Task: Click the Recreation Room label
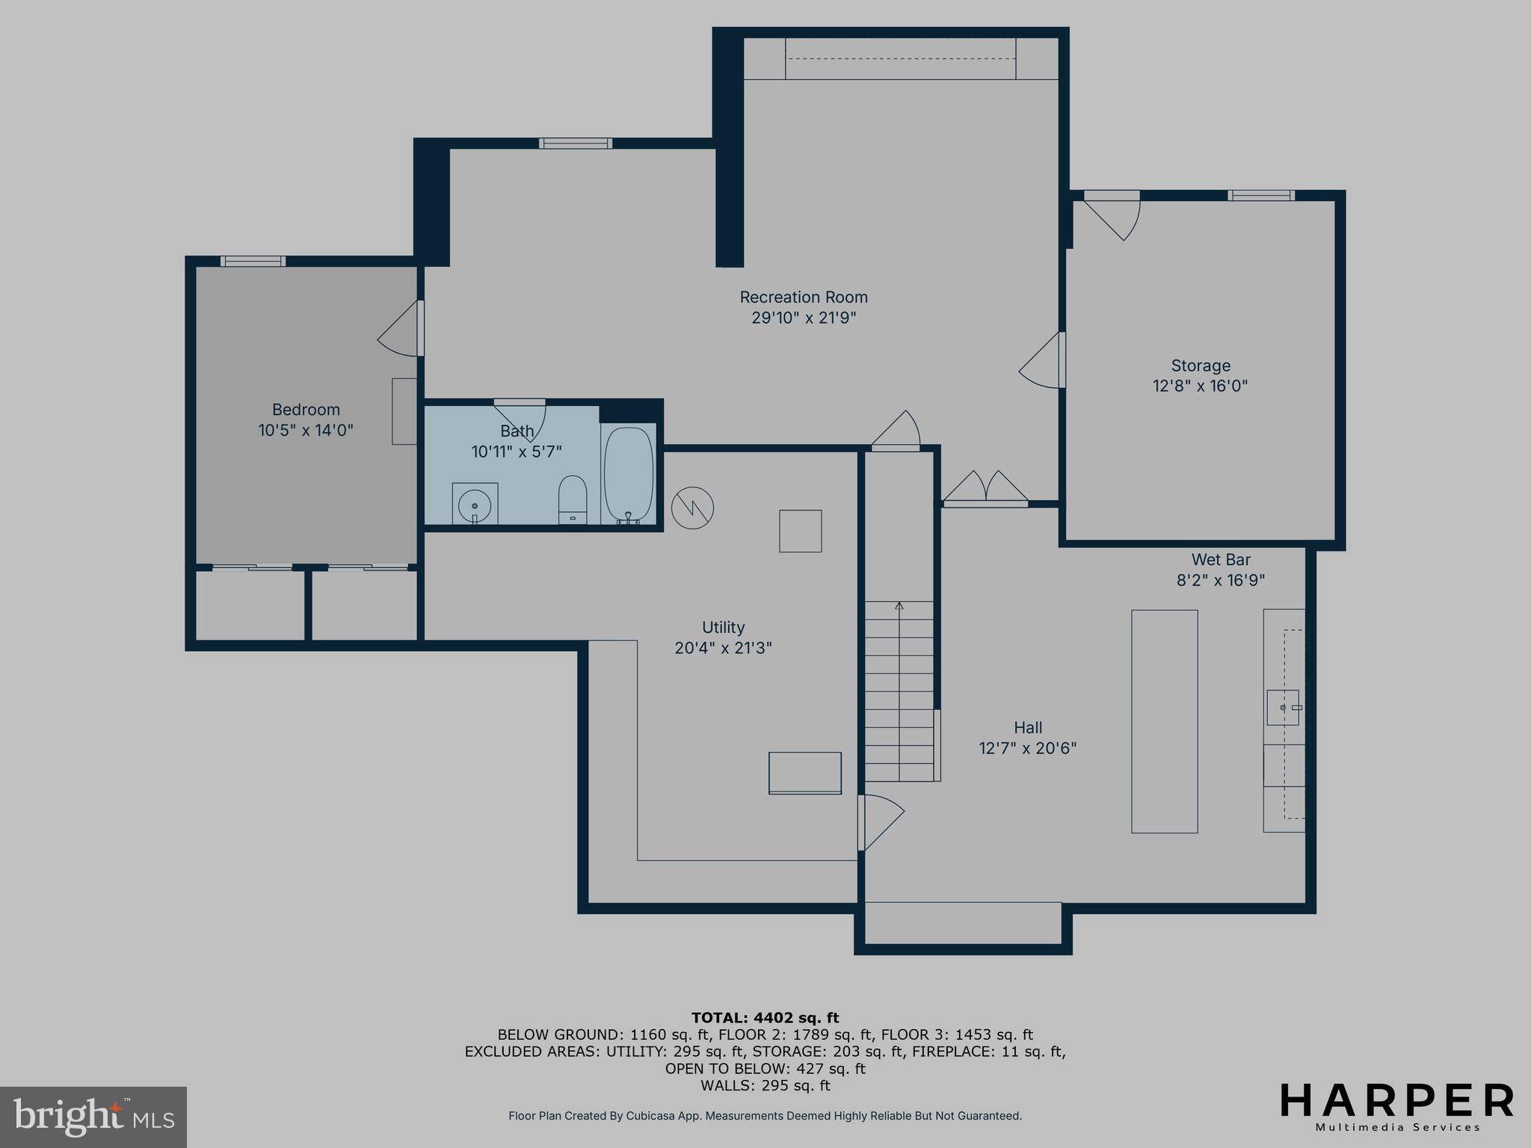pyautogui.click(x=804, y=297)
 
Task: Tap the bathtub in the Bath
pyautogui.click(x=628, y=474)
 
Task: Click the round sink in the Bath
pyautogui.click(x=475, y=505)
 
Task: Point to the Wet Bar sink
pyautogui.click(x=1283, y=707)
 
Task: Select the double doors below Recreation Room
pyautogui.click(x=985, y=488)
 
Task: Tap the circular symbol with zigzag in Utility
pyautogui.click(x=692, y=509)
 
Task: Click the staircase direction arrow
pyautogui.click(x=899, y=607)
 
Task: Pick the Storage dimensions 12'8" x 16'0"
pyautogui.click(x=1200, y=386)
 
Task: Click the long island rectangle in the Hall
pyautogui.click(x=1164, y=721)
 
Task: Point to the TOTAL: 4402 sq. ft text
pyautogui.click(x=765, y=1018)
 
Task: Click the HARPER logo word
pyautogui.click(x=1396, y=1101)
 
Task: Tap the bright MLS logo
pyautogui.click(x=93, y=1117)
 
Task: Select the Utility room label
pyautogui.click(x=723, y=627)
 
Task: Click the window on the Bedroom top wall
pyautogui.click(x=253, y=261)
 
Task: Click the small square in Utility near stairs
pyautogui.click(x=800, y=531)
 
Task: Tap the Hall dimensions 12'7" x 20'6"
pyautogui.click(x=1027, y=748)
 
